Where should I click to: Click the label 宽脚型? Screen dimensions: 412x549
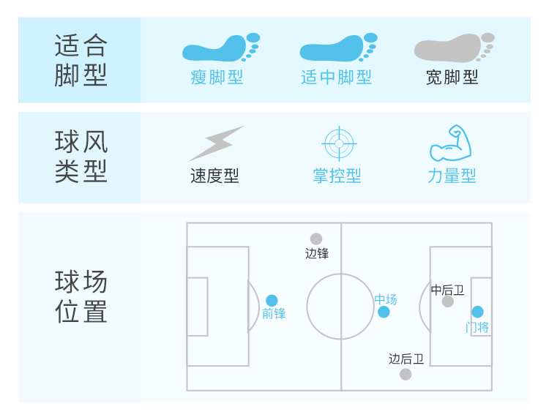(x=452, y=77)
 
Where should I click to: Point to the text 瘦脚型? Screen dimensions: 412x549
(x=217, y=77)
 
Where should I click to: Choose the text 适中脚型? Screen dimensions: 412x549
(x=336, y=77)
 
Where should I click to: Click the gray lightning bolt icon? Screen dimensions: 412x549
(x=216, y=143)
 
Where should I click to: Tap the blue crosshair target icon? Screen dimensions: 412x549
(x=338, y=143)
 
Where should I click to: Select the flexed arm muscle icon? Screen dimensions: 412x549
(x=450, y=143)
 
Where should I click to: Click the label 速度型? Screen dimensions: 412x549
(x=214, y=176)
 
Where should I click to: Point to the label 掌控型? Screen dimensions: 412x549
(x=337, y=176)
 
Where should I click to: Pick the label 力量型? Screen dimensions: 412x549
(x=452, y=176)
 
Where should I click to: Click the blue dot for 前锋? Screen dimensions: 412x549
(x=272, y=300)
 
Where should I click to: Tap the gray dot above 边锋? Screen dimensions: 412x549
(x=316, y=239)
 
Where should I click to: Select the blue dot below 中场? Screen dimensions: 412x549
(x=384, y=312)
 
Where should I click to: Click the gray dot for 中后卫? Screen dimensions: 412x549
(x=448, y=301)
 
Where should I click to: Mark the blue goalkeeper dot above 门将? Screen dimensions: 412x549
(x=477, y=312)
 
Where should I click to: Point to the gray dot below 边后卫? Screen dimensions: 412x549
(x=406, y=374)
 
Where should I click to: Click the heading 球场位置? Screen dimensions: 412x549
(x=81, y=296)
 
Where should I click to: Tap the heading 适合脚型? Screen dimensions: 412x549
(x=81, y=61)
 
